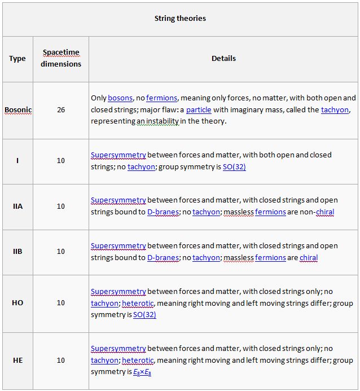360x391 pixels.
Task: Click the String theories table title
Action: coord(180,19)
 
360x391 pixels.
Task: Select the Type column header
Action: coord(17,59)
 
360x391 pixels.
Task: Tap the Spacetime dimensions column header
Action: coord(61,58)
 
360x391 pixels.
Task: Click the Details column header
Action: coord(223,58)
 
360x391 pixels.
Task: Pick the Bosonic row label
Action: coord(17,110)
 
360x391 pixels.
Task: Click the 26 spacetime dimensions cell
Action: coord(61,110)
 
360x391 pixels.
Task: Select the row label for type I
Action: coord(17,161)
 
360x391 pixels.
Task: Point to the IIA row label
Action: coord(17,207)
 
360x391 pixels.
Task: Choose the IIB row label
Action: coord(17,252)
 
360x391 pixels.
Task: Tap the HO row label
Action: coord(17,303)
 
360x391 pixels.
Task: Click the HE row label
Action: coord(17,360)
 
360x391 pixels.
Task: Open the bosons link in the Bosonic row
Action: coord(120,98)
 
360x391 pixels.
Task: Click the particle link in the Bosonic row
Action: coord(199,109)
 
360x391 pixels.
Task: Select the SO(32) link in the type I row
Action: coord(234,167)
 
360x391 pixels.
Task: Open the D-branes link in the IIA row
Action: coord(163,212)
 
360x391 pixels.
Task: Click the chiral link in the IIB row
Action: coord(309,258)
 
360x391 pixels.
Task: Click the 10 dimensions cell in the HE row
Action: coord(61,360)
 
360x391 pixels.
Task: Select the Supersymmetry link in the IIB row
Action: coord(118,246)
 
